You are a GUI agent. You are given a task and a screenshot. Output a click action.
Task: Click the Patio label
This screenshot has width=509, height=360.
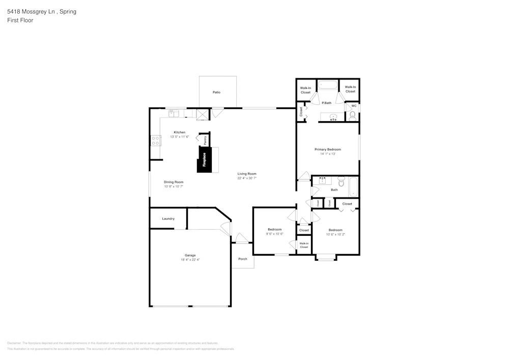tap(216, 92)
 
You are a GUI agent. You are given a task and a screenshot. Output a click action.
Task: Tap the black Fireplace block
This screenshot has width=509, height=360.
tap(204, 159)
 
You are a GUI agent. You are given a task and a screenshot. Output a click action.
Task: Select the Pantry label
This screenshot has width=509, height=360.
tap(205, 139)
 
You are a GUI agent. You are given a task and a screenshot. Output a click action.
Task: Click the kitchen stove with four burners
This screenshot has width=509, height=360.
tap(155, 140)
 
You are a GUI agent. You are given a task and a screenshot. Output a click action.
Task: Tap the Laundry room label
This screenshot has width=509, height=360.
tap(168, 218)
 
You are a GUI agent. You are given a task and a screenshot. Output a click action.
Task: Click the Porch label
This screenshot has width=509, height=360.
tap(243, 259)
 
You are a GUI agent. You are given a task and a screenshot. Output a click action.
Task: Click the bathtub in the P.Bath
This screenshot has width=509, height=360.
tap(328, 86)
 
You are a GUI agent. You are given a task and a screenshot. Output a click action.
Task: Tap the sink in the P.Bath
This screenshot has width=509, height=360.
tap(333, 117)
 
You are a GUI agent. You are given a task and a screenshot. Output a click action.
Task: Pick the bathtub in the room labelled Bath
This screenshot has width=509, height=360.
tap(353, 186)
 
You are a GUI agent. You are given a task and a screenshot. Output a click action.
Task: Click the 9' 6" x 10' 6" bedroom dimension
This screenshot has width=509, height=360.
tap(274, 234)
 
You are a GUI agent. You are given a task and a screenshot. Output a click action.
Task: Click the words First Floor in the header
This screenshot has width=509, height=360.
tap(20, 20)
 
